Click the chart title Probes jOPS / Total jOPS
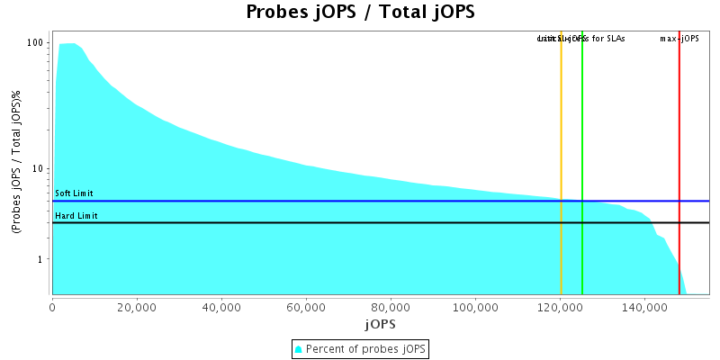(360, 13)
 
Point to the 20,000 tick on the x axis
(137, 306)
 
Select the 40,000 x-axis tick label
(221, 306)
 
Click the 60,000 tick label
(306, 306)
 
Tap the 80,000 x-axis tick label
(391, 306)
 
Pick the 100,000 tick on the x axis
(474, 306)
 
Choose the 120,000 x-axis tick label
(559, 306)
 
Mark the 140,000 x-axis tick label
(643, 306)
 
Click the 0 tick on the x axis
(52, 306)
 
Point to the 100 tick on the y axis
(36, 43)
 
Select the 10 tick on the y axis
(39, 168)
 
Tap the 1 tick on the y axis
(41, 259)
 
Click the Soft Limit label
(74, 193)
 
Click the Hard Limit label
(76, 216)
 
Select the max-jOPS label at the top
(679, 39)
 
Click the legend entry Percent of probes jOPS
(360, 349)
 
